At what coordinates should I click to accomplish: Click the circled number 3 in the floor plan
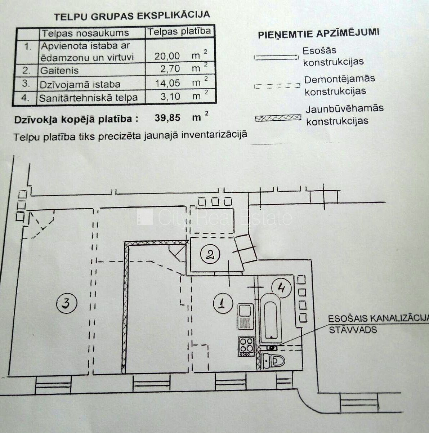click(x=67, y=303)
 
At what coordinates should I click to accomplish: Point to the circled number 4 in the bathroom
click(x=281, y=288)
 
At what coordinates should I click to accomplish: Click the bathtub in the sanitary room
click(x=271, y=319)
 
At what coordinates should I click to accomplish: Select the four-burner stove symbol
click(x=246, y=346)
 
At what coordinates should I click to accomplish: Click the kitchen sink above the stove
click(x=246, y=317)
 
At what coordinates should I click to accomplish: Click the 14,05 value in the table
click(x=167, y=83)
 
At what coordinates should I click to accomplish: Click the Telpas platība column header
click(x=179, y=31)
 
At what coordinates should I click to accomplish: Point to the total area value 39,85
click(x=167, y=117)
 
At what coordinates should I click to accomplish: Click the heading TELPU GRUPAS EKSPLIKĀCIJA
click(x=132, y=16)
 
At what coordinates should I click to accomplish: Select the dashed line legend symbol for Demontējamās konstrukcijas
click(x=277, y=86)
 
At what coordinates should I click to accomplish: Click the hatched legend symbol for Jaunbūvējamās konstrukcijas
click(x=278, y=118)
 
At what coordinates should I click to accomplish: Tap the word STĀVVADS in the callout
click(x=353, y=330)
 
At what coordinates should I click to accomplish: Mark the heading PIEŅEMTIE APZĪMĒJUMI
click(x=319, y=34)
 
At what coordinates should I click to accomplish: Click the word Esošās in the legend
click(x=319, y=51)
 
